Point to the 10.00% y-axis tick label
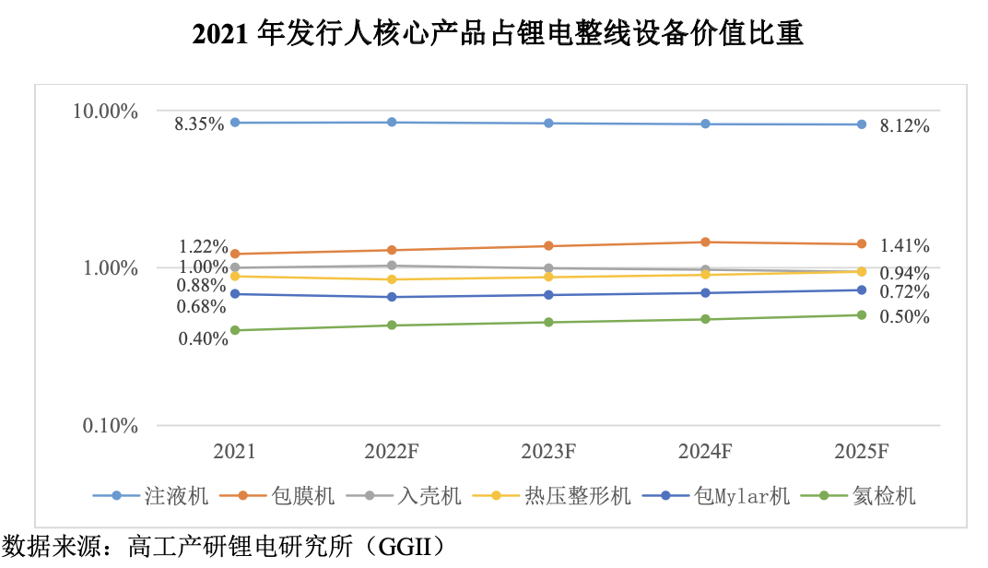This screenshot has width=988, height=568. point(105,112)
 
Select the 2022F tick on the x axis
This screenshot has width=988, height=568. point(392,452)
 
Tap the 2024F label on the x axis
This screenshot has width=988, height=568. point(705,452)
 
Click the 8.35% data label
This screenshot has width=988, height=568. point(199,124)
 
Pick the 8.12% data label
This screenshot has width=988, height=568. point(904,126)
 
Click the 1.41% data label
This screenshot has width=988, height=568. point(904,246)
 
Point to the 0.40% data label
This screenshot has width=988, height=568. point(202,338)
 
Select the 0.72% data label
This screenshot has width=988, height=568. point(904,292)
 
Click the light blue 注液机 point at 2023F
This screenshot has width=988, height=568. point(548,124)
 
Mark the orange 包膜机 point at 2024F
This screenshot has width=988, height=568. point(705,243)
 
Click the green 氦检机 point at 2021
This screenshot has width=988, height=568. point(235,330)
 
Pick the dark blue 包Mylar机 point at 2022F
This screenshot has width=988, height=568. point(392,297)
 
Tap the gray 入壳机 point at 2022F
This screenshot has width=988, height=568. point(392,266)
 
